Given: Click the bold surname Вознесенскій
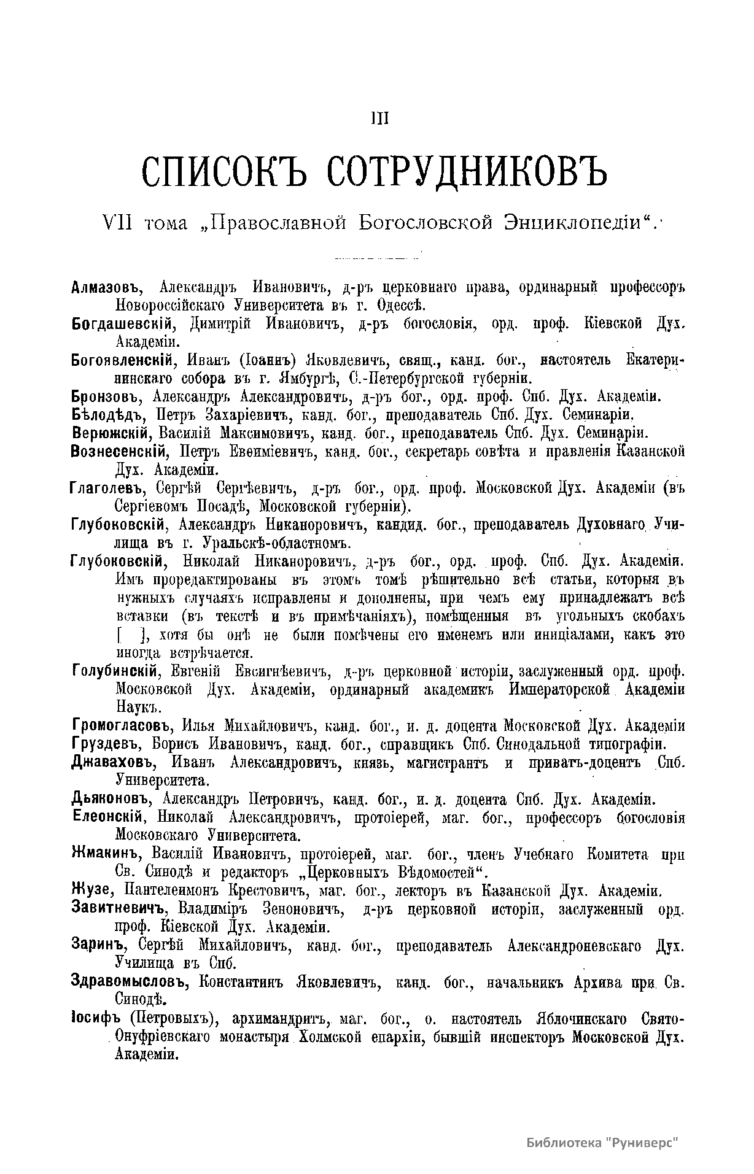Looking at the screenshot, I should pyautogui.click(x=120, y=452).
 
